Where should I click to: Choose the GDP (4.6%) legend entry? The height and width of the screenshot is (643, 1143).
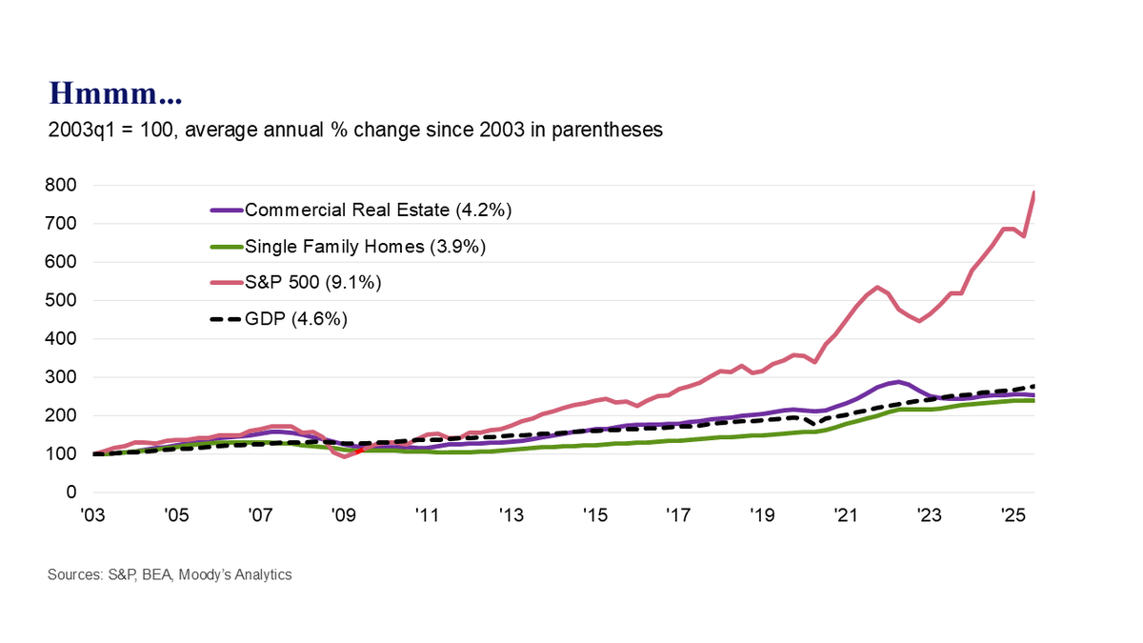[295, 319]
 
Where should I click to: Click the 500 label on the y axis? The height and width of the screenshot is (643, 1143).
[63, 300]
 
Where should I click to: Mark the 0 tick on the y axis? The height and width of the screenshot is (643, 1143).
[71, 492]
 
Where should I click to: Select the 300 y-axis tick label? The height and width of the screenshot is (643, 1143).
[63, 377]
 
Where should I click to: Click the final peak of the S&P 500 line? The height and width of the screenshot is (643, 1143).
[1034, 192]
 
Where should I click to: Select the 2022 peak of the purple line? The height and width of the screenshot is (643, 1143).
[897, 382]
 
